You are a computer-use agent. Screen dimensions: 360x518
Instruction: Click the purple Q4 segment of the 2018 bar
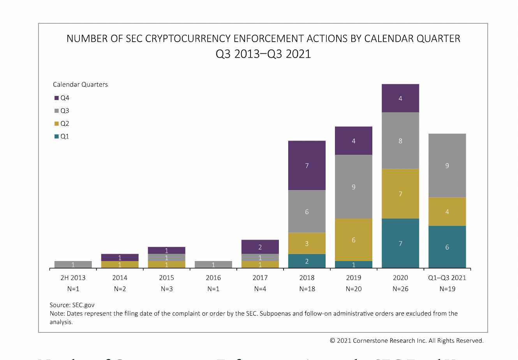[x=307, y=166]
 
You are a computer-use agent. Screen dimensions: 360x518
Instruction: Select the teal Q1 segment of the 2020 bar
[x=400, y=244]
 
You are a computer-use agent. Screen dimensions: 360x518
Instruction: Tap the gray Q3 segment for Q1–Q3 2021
[x=447, y=166]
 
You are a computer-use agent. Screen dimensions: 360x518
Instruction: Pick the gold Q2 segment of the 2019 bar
[x=354, y=240]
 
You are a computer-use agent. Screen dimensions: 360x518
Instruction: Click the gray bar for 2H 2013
[x=73, y=265]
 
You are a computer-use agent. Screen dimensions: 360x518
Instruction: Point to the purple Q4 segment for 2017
[x=260, y=247]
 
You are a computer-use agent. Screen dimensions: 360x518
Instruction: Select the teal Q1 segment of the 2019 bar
[x=354, y=265]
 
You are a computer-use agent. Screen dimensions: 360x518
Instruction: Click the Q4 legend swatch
[x=56, y=98]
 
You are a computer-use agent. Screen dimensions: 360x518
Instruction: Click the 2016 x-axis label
[x=213, y=278]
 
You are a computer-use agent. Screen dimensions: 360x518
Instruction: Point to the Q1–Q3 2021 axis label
[x=447, y=278]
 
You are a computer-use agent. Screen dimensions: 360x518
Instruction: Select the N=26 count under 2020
[x=400, y=289]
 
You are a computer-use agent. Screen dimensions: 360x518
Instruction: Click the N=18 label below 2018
[x=307, y=289]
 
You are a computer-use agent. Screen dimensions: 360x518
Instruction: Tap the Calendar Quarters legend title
[x=80, y=85]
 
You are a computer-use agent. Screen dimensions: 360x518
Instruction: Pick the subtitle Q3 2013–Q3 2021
[x=263, y=54]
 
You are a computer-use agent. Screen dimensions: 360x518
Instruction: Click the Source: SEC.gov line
[x=72, y=305]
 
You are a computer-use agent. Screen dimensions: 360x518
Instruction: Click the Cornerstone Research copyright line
[x=407, y=341]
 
